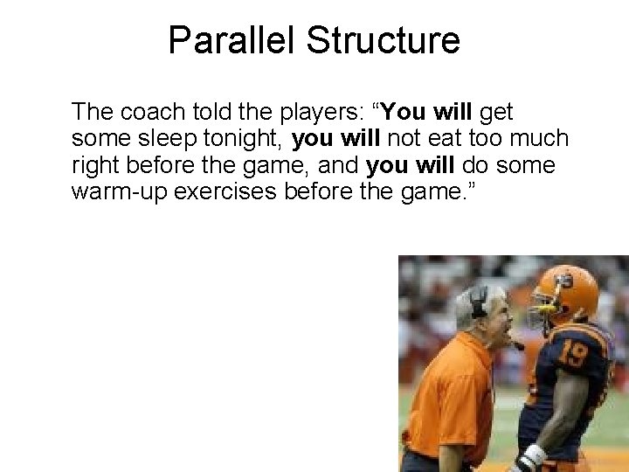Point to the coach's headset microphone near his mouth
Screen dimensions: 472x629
point(515,344)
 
